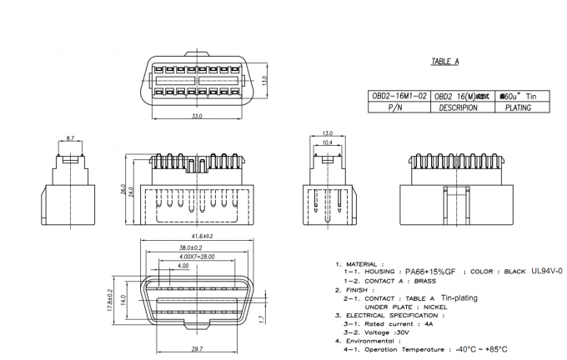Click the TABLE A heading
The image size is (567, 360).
tap(445, 62)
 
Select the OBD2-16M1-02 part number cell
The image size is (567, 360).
tap(399, 97)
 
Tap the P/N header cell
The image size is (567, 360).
tap(399, 107)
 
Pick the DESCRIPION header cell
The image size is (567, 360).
tap(458, 107)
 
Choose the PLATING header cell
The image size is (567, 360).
tap(518, 107)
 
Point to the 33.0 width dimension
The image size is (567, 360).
tap(197, 117)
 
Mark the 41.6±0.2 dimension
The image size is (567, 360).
tap(196, 237)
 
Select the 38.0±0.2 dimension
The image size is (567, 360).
tap(192, 247)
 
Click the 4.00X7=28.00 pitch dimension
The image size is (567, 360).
tap(196, 257)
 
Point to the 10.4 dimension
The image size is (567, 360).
tap(327, 143)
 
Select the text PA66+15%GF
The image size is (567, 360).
tap(430, 272)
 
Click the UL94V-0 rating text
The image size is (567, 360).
tap(546, 271)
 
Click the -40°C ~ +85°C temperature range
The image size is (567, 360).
tap(482, 349)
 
